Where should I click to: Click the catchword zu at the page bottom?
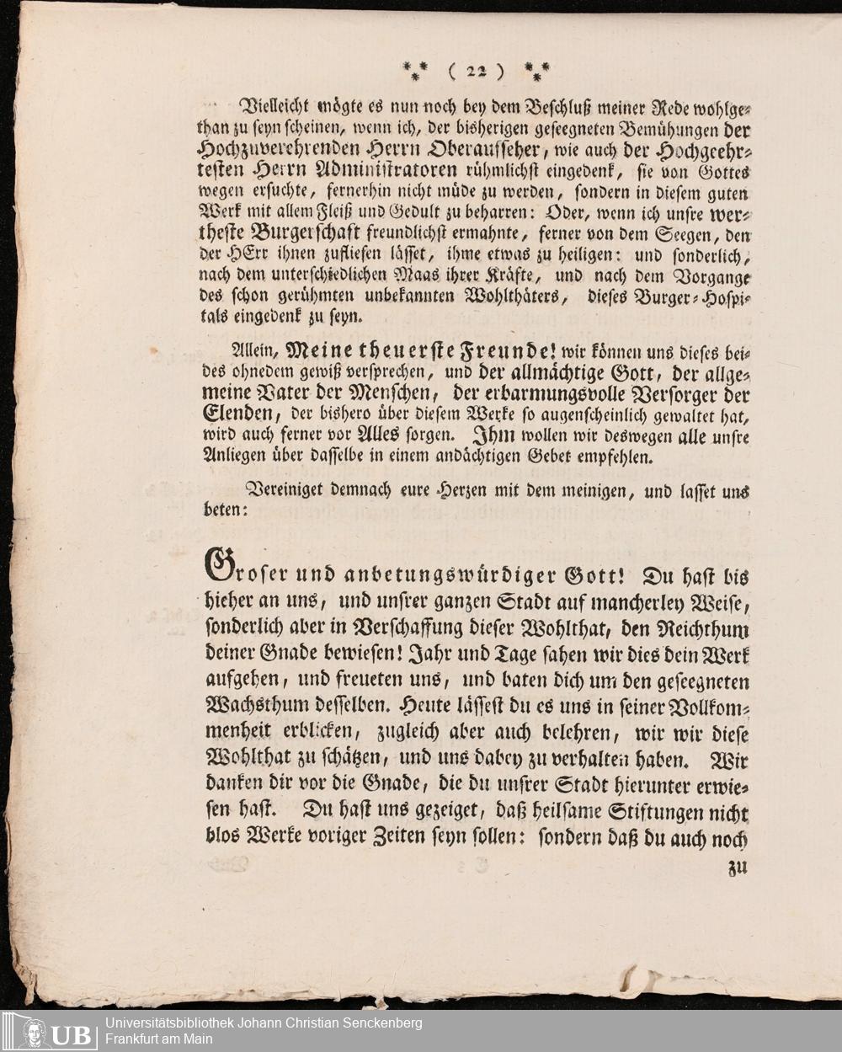737,868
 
